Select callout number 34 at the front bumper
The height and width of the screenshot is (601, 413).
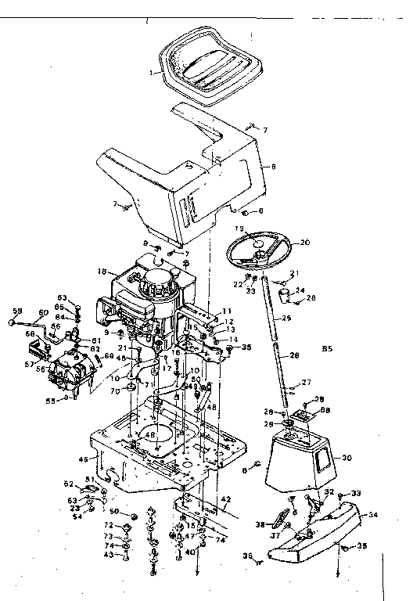click(373, 514)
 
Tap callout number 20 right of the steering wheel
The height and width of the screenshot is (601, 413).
click(305, 242)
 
